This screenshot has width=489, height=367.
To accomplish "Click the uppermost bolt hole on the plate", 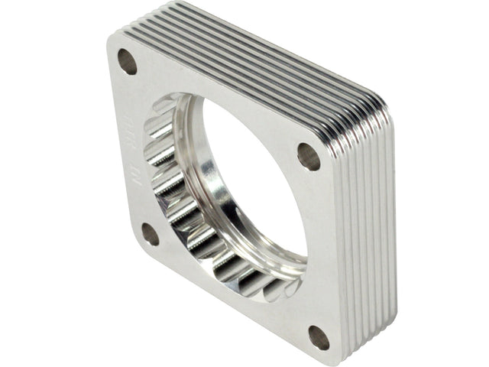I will (x=127, y=61).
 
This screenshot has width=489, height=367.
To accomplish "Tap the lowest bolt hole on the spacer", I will (x=319, y=337).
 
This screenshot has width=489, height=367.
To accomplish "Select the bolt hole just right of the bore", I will (x=309, y=156).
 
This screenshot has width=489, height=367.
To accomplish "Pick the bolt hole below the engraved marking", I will (x=149, y=234).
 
